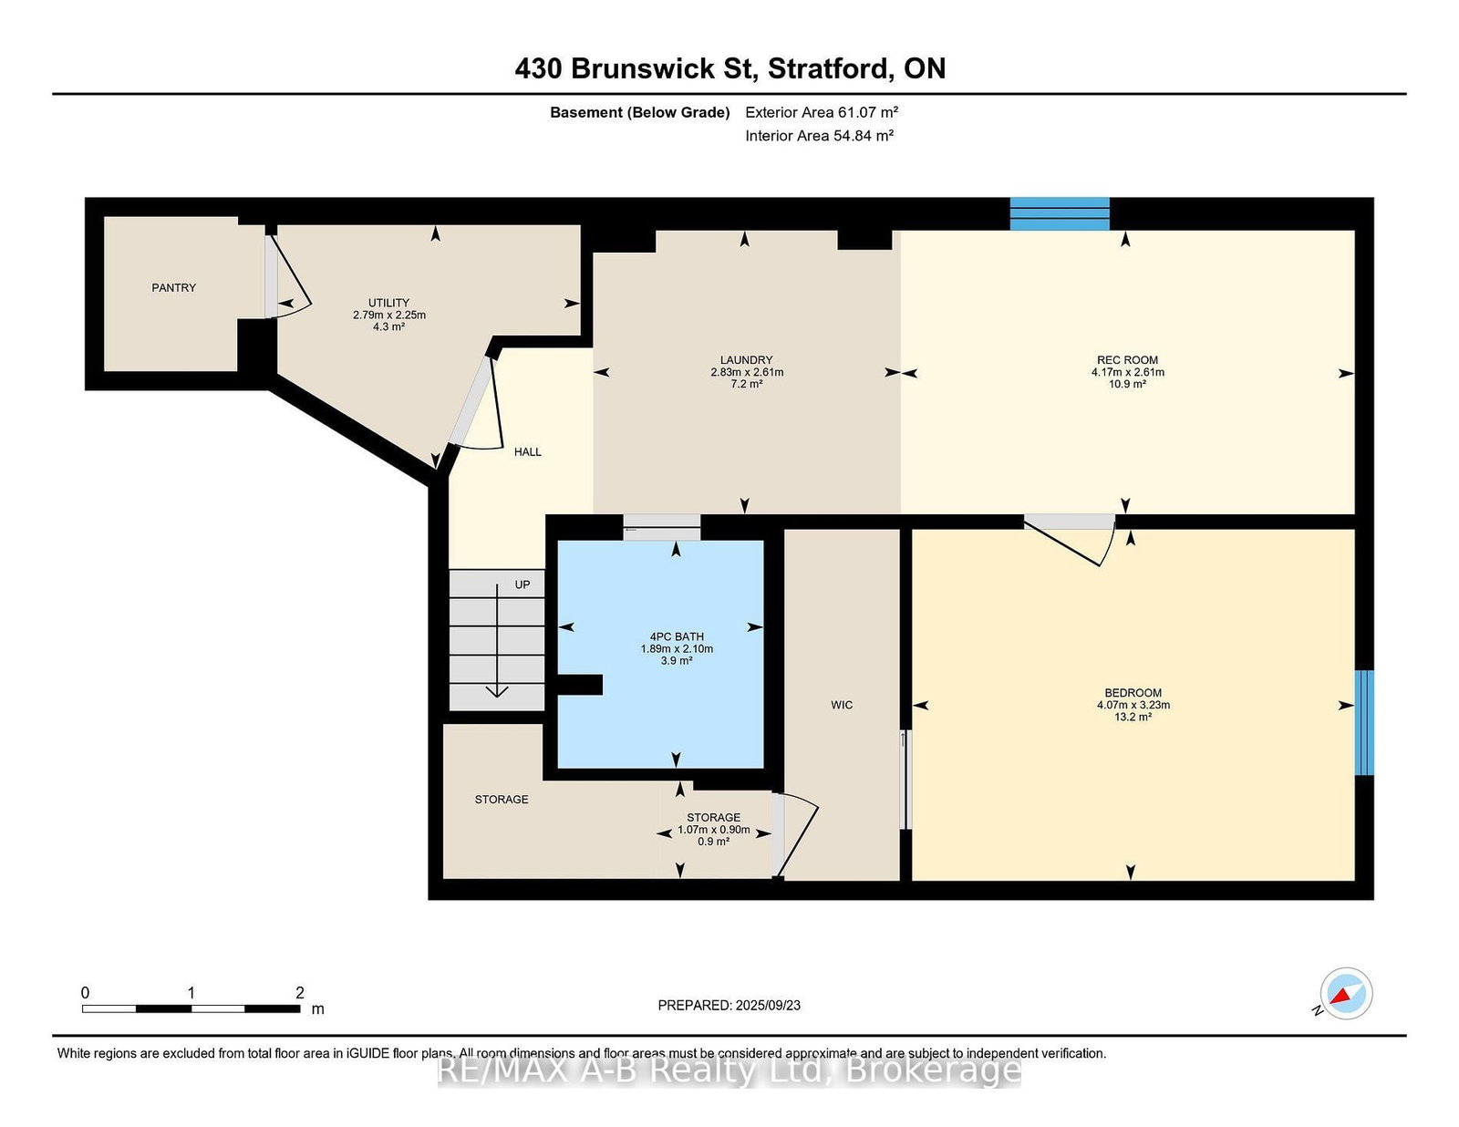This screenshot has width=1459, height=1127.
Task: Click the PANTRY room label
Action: (174, 288)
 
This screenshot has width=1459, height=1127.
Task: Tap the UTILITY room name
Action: (388, 303)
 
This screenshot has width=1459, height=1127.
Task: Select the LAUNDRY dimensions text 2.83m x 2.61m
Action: (747, 372)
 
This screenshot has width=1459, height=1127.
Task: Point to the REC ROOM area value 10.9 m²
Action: (1127, 384)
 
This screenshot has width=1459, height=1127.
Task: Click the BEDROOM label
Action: (1133, 693)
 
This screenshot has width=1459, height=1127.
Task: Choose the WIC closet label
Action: (842, 705)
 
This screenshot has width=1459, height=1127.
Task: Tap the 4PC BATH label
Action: (677, 636)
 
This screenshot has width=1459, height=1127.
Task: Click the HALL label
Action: (528, 451)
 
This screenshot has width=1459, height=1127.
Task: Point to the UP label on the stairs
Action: (523, 584)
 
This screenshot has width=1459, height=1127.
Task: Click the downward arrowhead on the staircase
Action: (497, 691)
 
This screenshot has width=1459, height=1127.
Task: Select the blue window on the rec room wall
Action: (1060, 213)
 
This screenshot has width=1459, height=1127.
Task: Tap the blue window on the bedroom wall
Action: (1364, 722)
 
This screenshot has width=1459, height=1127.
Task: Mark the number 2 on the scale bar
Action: (299, 992)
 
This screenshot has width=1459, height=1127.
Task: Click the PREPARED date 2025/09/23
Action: (768, 1006)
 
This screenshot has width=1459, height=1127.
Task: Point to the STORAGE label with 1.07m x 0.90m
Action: (714, 817)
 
